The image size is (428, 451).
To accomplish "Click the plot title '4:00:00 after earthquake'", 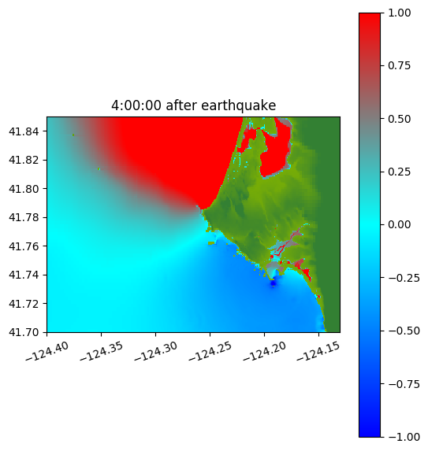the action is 194,105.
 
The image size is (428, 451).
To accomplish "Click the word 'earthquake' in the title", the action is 239,105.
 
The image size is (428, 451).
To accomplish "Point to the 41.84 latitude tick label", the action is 24,131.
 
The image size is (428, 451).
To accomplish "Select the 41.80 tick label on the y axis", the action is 24,189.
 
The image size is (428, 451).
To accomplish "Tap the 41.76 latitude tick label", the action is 24,246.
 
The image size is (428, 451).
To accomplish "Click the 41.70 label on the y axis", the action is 24,332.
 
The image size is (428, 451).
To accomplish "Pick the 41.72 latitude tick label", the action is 24,304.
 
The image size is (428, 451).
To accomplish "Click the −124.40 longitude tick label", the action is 47,351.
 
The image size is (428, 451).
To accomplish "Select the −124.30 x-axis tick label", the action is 155,351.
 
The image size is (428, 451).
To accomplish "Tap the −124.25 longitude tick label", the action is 210,351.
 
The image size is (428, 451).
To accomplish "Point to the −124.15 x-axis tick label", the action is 318,351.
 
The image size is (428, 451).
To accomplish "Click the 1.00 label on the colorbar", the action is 399,13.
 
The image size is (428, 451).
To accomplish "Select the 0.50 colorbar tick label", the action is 399,119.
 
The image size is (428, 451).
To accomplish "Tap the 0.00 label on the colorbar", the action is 399,224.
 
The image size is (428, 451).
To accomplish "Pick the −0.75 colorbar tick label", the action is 404,384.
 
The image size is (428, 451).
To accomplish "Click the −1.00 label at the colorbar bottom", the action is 404,437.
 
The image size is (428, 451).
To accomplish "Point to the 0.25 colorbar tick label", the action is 399,172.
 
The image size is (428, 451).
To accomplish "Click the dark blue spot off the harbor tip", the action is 273,283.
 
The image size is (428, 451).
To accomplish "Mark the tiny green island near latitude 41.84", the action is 73,135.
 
